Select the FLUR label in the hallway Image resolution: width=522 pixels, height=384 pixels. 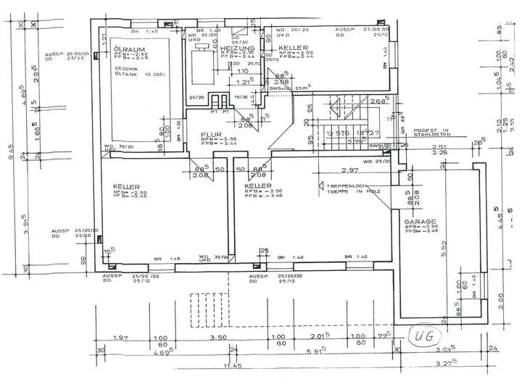point(211,134)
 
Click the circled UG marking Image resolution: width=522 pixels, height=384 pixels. point(422,335)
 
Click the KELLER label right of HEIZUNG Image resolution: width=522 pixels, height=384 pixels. point(294,47)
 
